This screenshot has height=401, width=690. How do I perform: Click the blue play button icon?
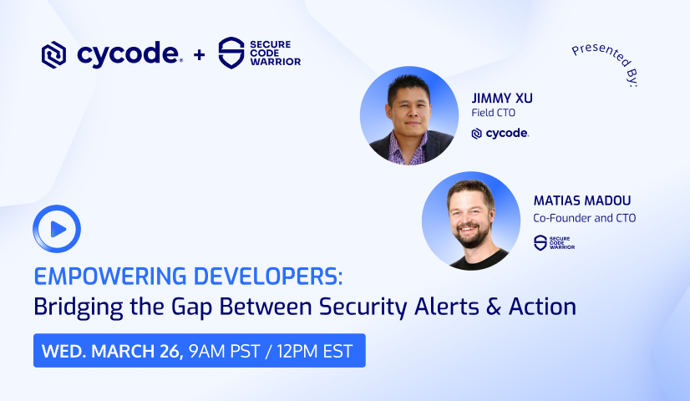pos(57,229)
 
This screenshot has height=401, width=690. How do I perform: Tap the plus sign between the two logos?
pos(199,55)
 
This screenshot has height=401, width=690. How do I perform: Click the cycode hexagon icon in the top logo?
pos(53,55)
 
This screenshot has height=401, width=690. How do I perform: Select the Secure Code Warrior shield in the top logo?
pos(230,53)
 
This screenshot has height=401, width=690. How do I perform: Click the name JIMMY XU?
pos(501,98)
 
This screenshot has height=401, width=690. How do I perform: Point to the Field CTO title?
pos(494,114)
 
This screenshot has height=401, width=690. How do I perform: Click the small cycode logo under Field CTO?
pos(500,133)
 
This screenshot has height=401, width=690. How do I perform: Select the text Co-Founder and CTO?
pos(584,219)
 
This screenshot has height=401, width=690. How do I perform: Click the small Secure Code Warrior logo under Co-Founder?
pos(553,242)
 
